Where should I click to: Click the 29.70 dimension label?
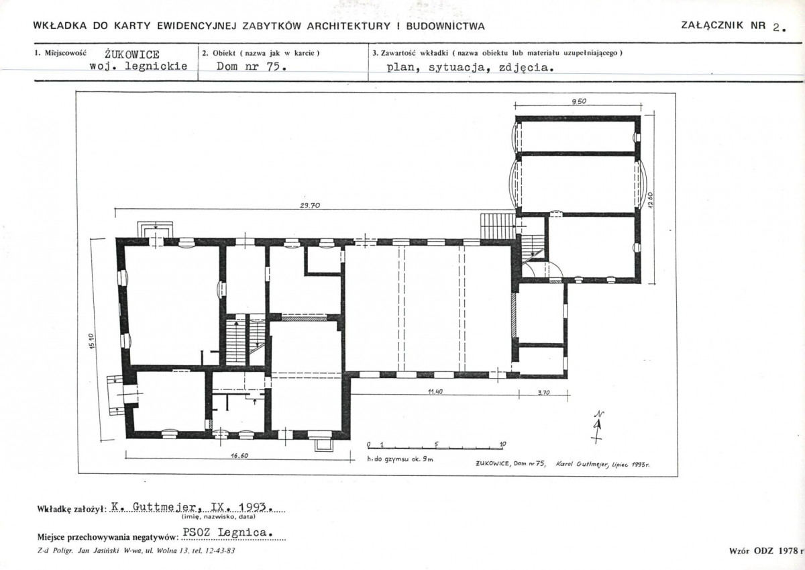tap(310, 205)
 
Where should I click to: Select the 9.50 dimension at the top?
tap(578, 101)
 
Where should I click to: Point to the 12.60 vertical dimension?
tap(650, 199)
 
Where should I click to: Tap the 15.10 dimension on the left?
tap(91, 341)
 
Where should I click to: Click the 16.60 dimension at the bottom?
tap(239, 456)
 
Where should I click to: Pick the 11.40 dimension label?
tap(435, 391)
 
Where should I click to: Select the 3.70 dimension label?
tap(544, 392)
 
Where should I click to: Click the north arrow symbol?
tap(597, 427)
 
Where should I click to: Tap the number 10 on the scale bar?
tap(502, 444)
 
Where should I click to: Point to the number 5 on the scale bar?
tap(437, 444)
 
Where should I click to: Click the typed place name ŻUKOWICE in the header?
tap(132, 54)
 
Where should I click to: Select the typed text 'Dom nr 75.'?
tap(251, 66)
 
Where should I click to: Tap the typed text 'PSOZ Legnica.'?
tap(227, 532)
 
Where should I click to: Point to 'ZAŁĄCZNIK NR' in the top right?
tap(723, 26)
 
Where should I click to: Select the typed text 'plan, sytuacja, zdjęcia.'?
tap(470, 68)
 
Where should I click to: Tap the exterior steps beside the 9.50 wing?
tap(498, 226)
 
